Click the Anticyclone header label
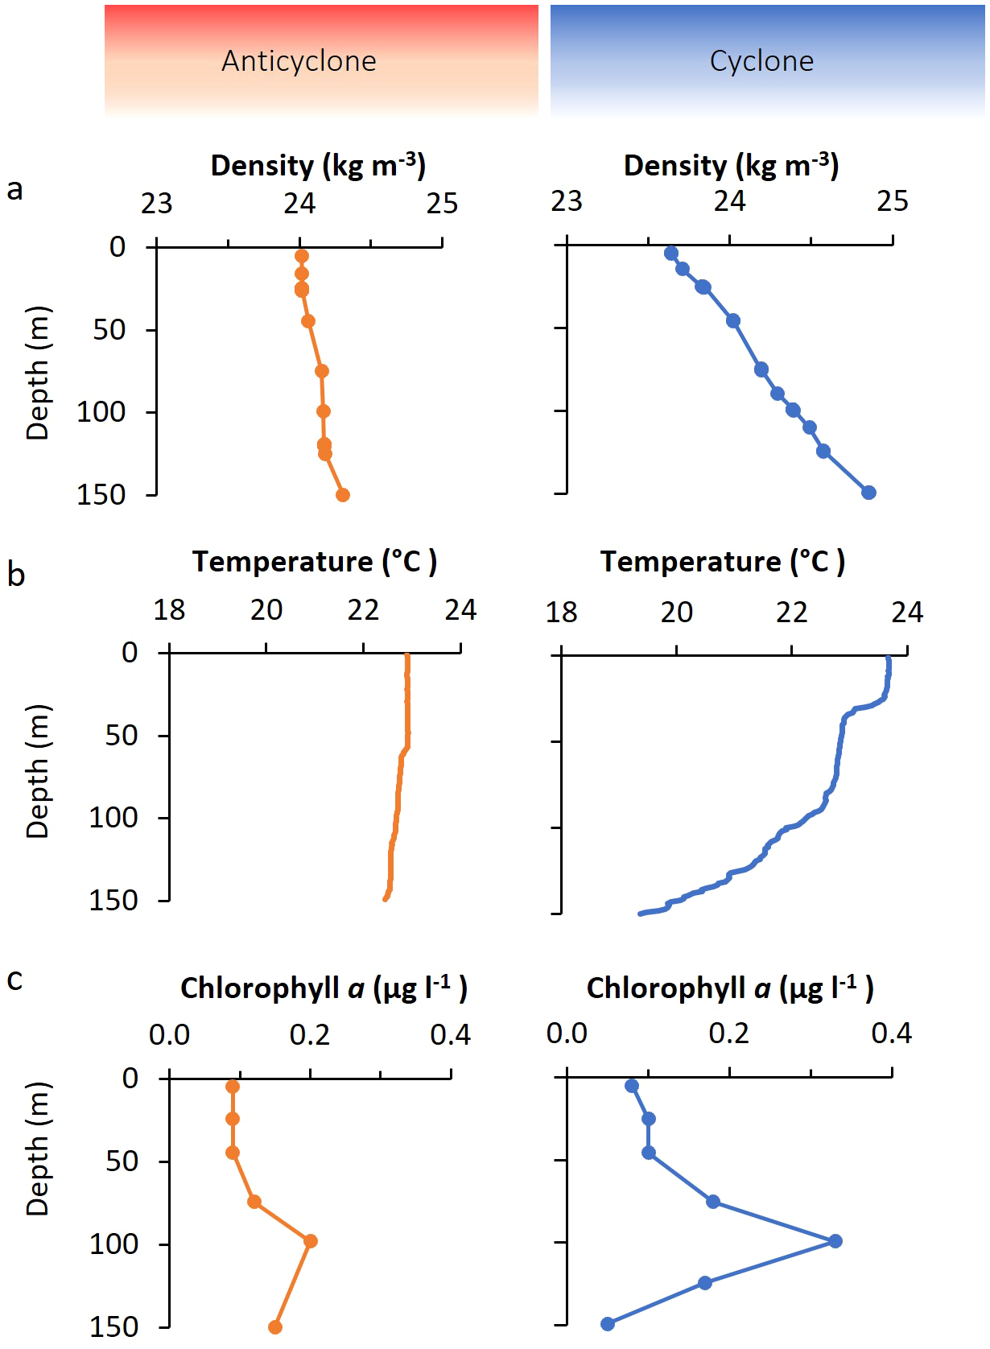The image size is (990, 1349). tap(299, 61)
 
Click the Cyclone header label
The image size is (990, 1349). tap(761, 61)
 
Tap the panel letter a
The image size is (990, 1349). tap(14, 190)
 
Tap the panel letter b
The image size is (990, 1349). tap(15, 575)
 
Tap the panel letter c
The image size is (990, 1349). tap(14, 980)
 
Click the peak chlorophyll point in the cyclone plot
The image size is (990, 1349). tap(835, 1241)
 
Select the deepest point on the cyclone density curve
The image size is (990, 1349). tap(868, 493)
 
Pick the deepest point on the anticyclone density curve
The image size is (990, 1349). tap(343, 495)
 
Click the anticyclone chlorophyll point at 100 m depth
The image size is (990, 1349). tap(311, 1241)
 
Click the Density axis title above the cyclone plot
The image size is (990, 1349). tap(731, 165)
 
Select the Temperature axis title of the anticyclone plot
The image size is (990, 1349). tap(315, 561)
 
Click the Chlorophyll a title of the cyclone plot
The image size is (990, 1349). tap(729, 988)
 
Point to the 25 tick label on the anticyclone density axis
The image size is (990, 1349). tap(442, 204)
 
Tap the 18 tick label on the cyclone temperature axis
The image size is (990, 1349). tap(561, 613)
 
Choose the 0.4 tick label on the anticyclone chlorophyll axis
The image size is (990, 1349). tap(450, 1034)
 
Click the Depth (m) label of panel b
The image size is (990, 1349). tap(38, 771)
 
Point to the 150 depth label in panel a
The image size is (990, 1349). tap(101, 495)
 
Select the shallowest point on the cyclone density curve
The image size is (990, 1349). tap(671, 254)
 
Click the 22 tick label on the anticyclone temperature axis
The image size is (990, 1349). tap(363, 610)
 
